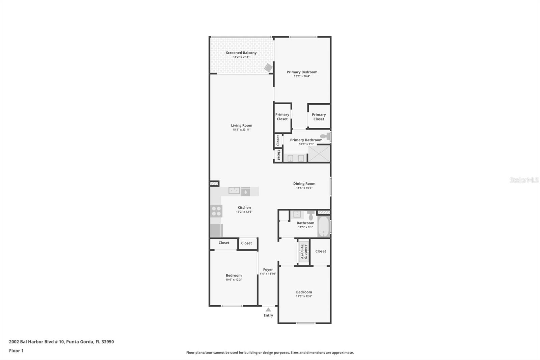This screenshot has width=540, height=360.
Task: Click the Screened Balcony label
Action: click(241, 53)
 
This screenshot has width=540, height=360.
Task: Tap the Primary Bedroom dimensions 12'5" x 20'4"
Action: click(302, 76)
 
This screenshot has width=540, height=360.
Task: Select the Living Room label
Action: click(241, 125)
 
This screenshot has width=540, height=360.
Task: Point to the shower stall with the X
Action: click(319, 154)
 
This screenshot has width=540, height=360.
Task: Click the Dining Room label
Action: click(304, 184)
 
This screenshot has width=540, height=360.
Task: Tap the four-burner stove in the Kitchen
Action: click(216, 211)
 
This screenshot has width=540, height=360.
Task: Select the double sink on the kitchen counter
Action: click(234, 190)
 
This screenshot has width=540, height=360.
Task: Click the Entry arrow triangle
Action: click(268, 309)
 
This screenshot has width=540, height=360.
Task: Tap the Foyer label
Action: click(268, 269)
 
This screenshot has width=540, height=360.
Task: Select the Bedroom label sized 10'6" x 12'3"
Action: click(234, 275)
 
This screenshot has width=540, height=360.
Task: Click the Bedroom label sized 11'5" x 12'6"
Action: click(304, 292)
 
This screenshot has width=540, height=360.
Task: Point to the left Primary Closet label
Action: click(282, 117)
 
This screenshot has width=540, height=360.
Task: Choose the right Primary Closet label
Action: click(319, 117)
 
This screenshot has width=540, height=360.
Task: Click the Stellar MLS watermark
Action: click(524, 180)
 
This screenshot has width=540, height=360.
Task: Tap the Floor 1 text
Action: click(16, 351)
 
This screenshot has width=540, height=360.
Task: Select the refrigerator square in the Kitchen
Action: click(216, 230)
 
